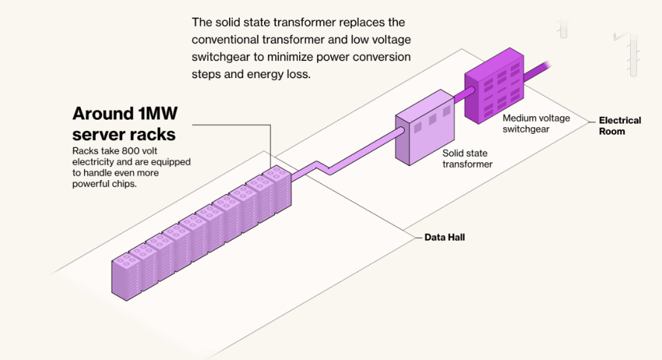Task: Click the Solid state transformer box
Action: pos(425,127)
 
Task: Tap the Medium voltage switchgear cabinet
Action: pos(495,86)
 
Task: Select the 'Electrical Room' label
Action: pos(620,126)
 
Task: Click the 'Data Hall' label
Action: pos(445,237)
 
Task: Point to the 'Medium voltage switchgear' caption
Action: pos(536,123)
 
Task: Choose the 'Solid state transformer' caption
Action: pos(467,158)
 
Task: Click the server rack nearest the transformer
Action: pos(277,190)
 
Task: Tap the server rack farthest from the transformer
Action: pos(126,277)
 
